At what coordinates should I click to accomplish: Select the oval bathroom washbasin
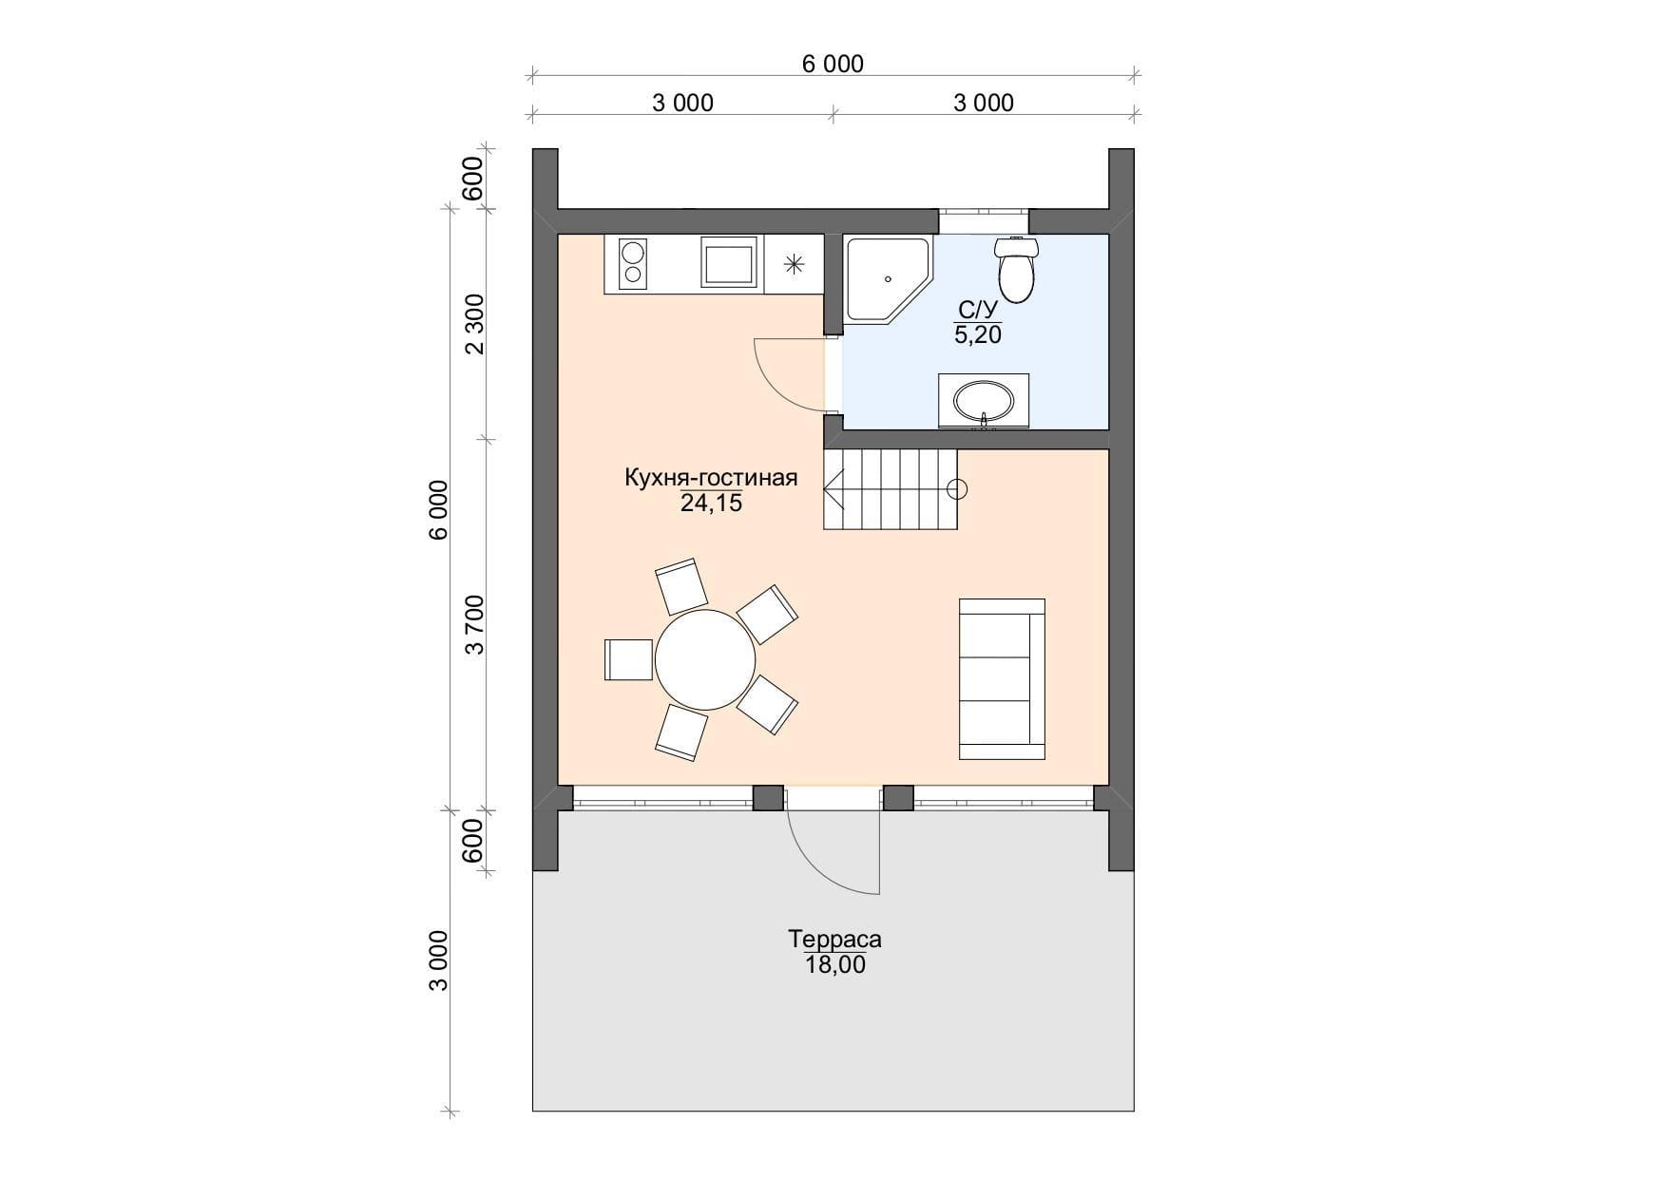tap(983, 401)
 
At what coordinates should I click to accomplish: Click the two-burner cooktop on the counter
tap(632, 263)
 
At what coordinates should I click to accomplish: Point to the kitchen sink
tap(731, 262)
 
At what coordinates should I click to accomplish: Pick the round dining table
tap(705, 659)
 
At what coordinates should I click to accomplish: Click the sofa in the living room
tap(1002, 678)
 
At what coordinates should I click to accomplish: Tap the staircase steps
tap(890, 489)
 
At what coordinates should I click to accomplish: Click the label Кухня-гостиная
tap(710, 478)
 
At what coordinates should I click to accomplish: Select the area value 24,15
tap(711, 504)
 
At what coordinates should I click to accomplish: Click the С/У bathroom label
tap(978, 310)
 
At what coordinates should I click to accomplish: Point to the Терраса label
tap(834, 940)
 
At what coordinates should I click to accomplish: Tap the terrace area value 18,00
tap(834, 965)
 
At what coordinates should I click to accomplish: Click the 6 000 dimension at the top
tap(833, 64)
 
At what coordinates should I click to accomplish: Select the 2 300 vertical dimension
tap(474, 324)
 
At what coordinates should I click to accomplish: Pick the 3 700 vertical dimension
tap(474, 624)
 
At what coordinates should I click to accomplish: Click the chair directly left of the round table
tap(628, 659)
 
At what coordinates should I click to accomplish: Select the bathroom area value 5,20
tap(978, 334)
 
